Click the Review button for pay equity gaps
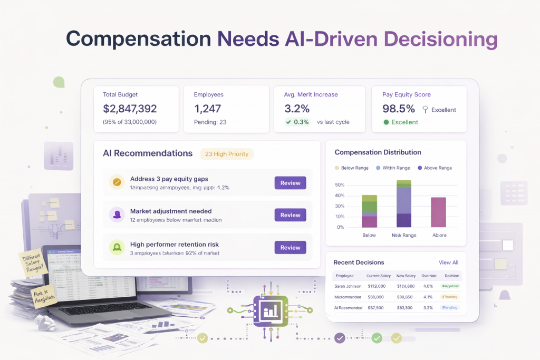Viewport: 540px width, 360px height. pyautogui.click(x=290, y=183)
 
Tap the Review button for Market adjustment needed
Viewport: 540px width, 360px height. pyautogui.click(x=290, y=215)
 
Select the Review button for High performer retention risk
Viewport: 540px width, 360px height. pyautogui.click(x=290, y=248)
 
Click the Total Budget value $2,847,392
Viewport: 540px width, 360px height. pyautogui.click(x=130, y=109)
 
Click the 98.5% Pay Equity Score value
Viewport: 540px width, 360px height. pyautogui.click(x=398, y=109)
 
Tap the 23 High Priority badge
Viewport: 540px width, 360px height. pyautogui.click(x=227, y=154)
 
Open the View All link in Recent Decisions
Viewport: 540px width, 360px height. pyautogui.click(x=448, y=262)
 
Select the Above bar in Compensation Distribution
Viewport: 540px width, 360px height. pyautogui.click(x=439, y=212)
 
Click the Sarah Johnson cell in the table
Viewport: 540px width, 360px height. pyautogui.click(x=348, y=286)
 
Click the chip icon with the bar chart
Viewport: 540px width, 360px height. pyautogui.click(x=270, y=310)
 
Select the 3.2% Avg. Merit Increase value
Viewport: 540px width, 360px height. pyautogui.click(x=296, y=109)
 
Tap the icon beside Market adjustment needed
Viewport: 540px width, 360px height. pyautogui.click(x=116, y=215)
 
